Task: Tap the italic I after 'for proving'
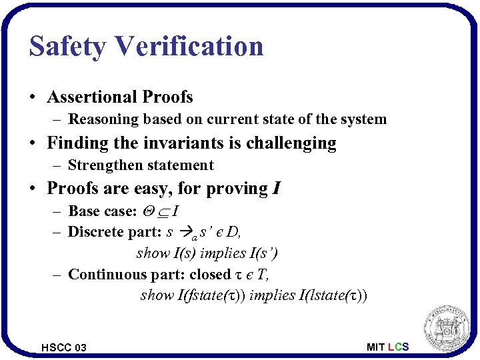click(276, 189)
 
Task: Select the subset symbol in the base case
click(163, 212)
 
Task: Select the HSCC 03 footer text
click(63, 347)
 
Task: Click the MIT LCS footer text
click(387, 347)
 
